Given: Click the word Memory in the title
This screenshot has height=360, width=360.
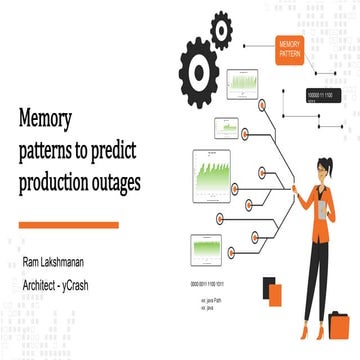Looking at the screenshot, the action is click(46, 119).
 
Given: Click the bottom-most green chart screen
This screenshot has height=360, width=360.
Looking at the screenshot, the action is click(205, 246).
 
